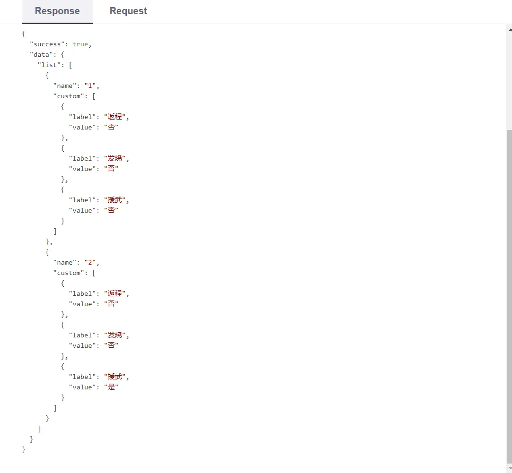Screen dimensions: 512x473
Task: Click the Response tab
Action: click(57, 11)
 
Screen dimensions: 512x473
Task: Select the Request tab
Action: click(128, 11)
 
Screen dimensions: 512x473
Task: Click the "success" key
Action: click(47, 44)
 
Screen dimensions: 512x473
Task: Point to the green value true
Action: click(80, 44)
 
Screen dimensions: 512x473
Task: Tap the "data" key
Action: click(41, 54)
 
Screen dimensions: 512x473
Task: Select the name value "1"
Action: click(90, 86)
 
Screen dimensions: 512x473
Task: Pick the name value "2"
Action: click(90, 262)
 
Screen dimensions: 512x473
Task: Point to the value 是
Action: click(111, 387)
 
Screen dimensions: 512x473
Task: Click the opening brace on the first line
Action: click(24, 34)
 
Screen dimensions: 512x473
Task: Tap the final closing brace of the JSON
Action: click(24, 449)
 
